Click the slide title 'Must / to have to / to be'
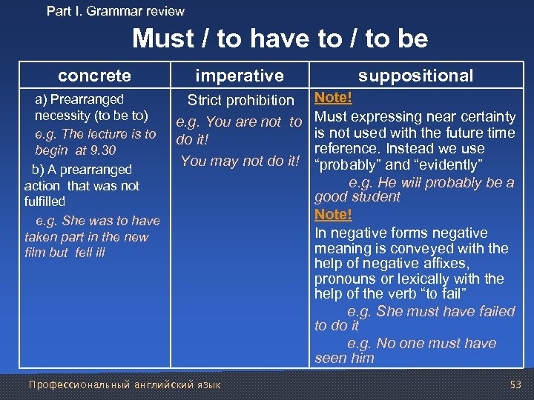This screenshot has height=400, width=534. tap(280, 39)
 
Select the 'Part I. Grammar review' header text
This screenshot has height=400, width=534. tap(115, 11)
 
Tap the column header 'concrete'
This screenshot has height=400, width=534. tap(94, 75)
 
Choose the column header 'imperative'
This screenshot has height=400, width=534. tap(239, 75)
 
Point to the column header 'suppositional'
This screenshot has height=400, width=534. tap(415, 75)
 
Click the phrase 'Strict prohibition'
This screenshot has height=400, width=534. tap(240, 100)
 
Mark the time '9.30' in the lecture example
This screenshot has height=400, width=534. tap(102, 150)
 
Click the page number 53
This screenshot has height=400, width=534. tap(515, 384)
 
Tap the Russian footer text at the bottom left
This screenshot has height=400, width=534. tap(124, 384)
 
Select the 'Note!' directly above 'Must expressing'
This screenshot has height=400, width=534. tap(333, 98)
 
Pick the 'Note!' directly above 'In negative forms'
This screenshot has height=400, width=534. tap(333, 214)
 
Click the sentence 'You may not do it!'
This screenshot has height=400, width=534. tap(241, 161)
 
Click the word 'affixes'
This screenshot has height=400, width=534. tap(444, 263)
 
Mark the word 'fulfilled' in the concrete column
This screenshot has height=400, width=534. tap(44, 201)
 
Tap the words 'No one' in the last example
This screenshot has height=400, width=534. tap(397, 343)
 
